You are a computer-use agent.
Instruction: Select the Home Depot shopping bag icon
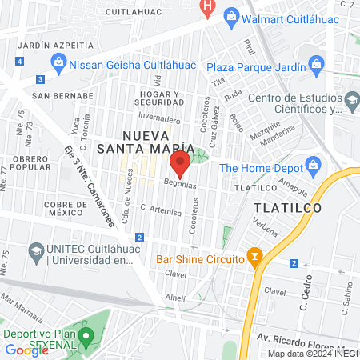point(314,167)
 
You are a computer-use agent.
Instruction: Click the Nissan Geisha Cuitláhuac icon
point(58,62)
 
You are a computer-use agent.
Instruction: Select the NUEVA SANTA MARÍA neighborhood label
point(146,141)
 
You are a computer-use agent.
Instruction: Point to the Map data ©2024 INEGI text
point(312,354)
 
